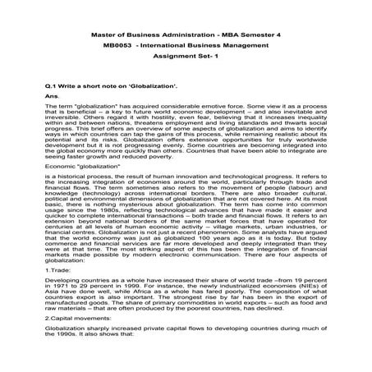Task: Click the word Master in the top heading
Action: pyautogui.click(x=103, y=38)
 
